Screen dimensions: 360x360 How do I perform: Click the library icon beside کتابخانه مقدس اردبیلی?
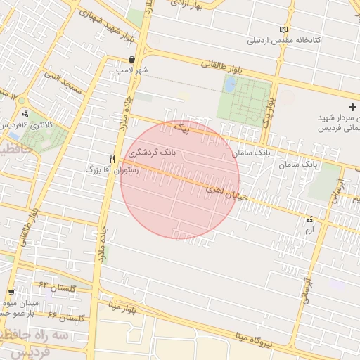[284, 30]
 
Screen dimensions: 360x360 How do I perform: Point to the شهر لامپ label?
[133, 70]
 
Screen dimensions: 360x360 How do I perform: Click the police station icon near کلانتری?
[26, 113]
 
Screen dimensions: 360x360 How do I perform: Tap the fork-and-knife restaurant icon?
[112, 159]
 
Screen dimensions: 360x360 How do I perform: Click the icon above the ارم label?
[310, 219]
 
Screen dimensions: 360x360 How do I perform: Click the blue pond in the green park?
[230, 85]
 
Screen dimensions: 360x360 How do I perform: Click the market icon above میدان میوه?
[11, 292]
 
